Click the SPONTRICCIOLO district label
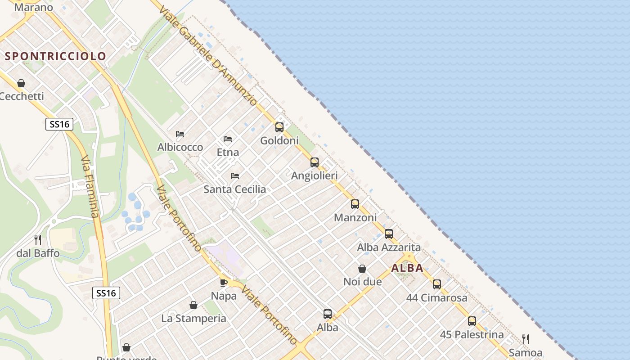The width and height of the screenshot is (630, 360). click(x=56, y=56)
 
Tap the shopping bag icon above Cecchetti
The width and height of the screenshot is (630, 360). click(x=21, y=83)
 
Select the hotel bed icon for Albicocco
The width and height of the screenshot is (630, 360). click(x=180, y=134)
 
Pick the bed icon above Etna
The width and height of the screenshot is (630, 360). click(x=228, y=139)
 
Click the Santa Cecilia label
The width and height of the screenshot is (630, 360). click(x=234, y=189)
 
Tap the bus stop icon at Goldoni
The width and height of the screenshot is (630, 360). click(x=279, y=127)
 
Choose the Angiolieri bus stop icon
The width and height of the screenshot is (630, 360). click(x=315, y=162)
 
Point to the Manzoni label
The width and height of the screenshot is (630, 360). click(x=355, y=218)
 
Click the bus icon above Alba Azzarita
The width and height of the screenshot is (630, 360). click(x=389, y=234)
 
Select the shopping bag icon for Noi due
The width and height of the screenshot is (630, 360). click(x=362, y=269)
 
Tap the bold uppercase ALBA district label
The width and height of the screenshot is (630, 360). click(x=407, y=268)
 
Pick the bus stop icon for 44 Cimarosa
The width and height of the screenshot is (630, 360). click(x=437, y=284)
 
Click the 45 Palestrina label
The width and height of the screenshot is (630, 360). click(x=472, y=335)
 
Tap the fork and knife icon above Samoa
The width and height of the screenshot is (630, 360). click(x=525, y=339)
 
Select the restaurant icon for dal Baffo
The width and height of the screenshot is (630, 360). click(x=38, y=240)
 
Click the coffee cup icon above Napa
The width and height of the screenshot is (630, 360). click(x=223, y=283)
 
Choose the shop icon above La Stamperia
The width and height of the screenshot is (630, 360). click(x=193, y=306)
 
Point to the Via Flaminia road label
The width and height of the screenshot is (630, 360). click(x=89, y=186)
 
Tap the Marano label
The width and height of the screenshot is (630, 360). click(x=34, y=7)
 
